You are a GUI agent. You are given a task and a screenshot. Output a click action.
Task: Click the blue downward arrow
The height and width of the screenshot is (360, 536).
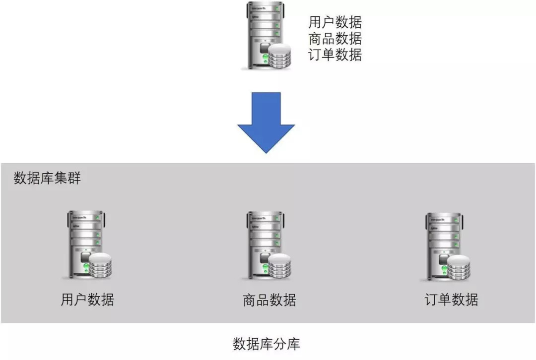tap(266, 119)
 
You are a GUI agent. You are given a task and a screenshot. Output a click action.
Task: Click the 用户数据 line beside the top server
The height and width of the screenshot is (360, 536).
tap(335, 22)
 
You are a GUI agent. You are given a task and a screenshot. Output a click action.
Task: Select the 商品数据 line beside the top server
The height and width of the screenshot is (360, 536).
tap(335, 39)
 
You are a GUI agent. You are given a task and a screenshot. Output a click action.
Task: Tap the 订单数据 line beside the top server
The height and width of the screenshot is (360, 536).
tap(335, 55)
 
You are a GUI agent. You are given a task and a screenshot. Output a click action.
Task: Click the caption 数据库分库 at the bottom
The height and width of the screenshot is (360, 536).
tap(267, 344)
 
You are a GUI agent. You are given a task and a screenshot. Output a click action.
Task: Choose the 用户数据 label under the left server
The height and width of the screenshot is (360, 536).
tap(87, 300)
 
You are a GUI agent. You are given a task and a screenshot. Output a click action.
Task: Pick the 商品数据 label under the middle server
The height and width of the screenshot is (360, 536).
tap(269, 300)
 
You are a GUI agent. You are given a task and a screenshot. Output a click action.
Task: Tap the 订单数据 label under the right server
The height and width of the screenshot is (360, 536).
tap(452, 300)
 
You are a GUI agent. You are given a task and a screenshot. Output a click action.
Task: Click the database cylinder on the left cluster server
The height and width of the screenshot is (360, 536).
tap(100, 266)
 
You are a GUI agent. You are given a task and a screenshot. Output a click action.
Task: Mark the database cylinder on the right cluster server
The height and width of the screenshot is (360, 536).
tap(459, 268)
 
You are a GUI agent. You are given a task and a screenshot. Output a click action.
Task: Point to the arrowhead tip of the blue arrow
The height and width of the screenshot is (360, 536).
tap(266, 151)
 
